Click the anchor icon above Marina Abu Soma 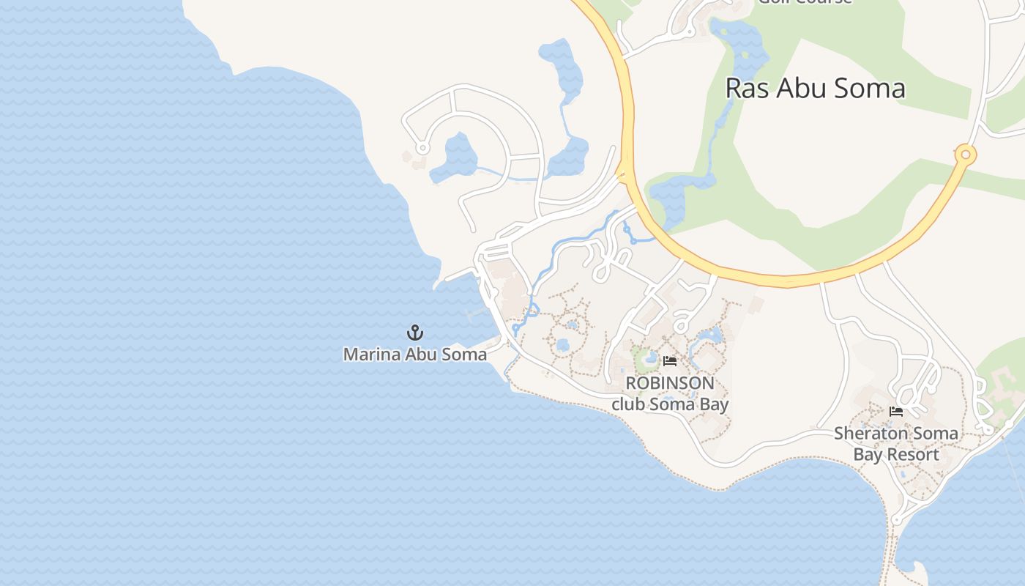[415, 333]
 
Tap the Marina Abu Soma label [415, 355]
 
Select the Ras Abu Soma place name [815, 88]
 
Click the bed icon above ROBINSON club [669, 360]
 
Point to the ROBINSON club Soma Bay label [670, 393]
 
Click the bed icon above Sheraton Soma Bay [895, 412]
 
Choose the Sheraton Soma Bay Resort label [896, 444]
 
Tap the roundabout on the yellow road [966, 155]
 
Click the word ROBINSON [670, 383]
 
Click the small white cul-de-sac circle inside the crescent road [422, 149]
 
